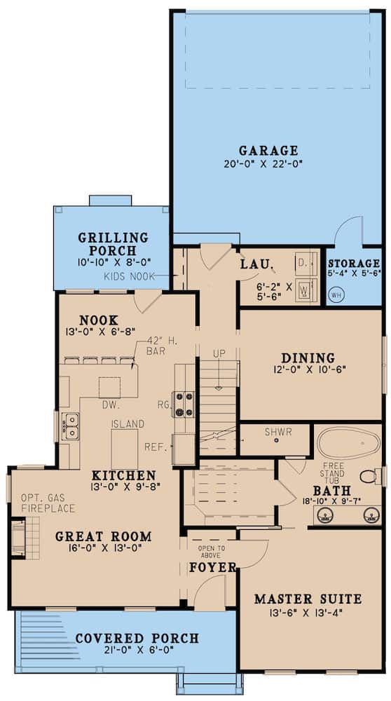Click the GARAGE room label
[x=268, y=150]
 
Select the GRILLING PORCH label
[x=113, y=244]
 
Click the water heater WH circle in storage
[x=335, y=295]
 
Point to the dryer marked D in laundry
[x=303, y=264]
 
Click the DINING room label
[x=308, y=358]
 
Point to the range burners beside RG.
[x=184, y=404]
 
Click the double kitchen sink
[x=70, y=426]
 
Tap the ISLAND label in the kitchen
[x=128, y=424]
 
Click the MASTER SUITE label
[x=308, y=599]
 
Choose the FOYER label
[x=212, y=567]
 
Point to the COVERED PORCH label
[x=137, y=639]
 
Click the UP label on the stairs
[x=219, y=354]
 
